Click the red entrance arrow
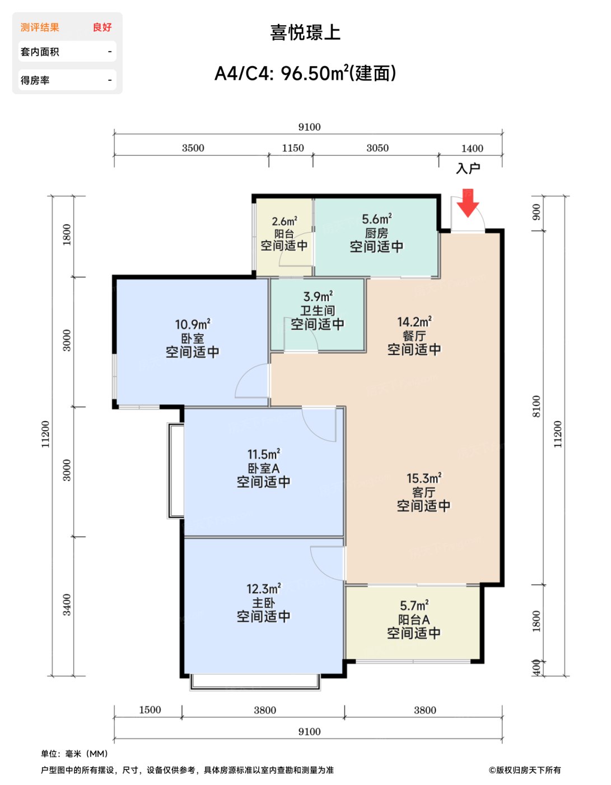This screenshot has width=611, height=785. [x=468, y=204]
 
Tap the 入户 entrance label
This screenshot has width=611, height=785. [x=468, y=168]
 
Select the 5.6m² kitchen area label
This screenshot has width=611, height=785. [x=376, y=219]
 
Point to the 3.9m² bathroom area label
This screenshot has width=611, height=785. [x=318, y=297]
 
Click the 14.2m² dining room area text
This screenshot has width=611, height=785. [x=414, y=322]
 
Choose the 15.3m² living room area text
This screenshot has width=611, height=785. [x=424, y=478]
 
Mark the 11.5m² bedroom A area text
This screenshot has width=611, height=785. [x=264, y=454]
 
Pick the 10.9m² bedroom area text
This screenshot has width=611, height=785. [x=193, y=325]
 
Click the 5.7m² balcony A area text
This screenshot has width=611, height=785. [x=414, y=606]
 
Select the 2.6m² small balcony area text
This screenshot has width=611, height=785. [x=284, y=221]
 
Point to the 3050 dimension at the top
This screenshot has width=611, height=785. [x=377, y=148]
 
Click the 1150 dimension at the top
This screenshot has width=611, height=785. [x=293, y=148]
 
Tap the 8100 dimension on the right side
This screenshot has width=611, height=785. [x=537, y=407]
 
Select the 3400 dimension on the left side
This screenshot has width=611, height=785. [x=67, y=605]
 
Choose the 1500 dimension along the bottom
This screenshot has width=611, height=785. [x=150, y=710]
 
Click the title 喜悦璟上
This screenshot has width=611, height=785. [x=306, y=33]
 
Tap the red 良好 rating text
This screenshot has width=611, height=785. [x=102, y=27]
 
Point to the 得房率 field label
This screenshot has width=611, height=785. [x=35, y=80]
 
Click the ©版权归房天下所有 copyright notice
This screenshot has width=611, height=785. [x=524, y=770]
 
